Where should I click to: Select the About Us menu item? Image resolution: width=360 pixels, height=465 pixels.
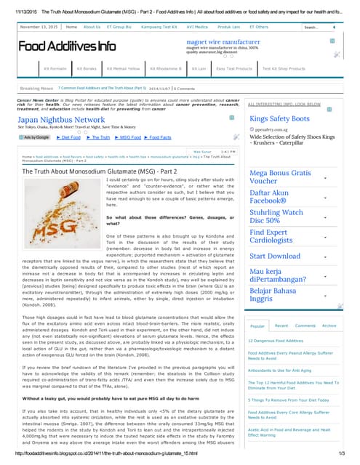point(92,27)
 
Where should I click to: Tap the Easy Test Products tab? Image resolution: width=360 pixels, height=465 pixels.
point(234,68)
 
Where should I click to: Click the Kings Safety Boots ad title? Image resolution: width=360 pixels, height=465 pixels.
point(280,118)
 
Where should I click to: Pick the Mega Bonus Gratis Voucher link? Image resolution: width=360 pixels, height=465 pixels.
point(280,177)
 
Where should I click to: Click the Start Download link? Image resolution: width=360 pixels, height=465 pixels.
point(275,256)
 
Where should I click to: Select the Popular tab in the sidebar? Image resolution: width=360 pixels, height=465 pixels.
point(258,325)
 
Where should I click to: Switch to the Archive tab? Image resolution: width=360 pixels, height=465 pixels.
point(329,325)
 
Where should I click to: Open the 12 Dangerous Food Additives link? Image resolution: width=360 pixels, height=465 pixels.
point(276,340)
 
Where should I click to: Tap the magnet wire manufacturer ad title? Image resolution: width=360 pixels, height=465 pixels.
point(223,42)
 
